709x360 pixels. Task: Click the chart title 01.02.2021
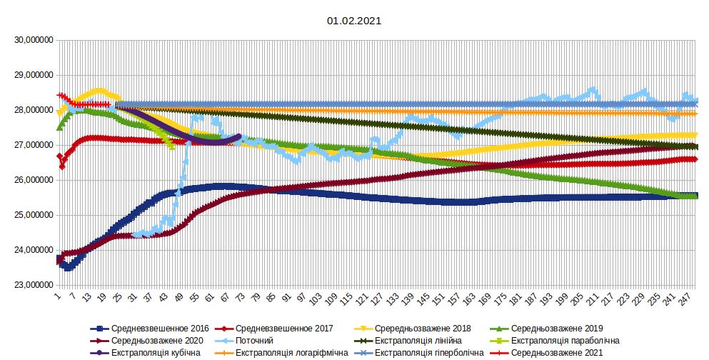coord(354,21)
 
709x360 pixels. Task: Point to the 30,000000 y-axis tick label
coord(32,41)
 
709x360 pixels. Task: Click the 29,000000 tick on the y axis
coord(32,76)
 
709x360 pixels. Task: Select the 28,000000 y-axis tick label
coord(32,111)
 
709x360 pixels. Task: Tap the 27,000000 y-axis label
coord(32,146)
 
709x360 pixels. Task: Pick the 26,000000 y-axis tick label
coord(32,181)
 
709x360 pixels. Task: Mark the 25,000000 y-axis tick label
coord(32,216)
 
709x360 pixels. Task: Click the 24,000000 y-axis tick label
coord(32,251)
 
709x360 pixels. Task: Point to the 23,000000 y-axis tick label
coord(32,286)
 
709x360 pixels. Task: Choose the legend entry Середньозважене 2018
coord(422,329)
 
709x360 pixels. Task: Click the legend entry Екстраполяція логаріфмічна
coord(296,353)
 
